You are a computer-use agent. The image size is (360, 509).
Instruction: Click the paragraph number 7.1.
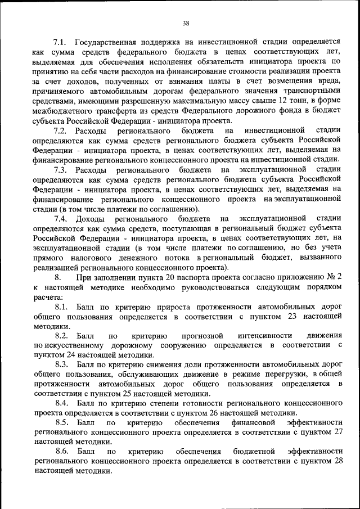[x=60, y=42]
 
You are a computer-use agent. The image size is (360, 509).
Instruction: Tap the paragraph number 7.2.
[x=60, y=131]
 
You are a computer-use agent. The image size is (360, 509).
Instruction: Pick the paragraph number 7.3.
[x=60, y=170]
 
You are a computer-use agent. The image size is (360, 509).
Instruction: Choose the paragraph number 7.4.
[x=60, y=218]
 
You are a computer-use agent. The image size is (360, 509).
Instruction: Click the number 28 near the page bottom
[x=337, y=462]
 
